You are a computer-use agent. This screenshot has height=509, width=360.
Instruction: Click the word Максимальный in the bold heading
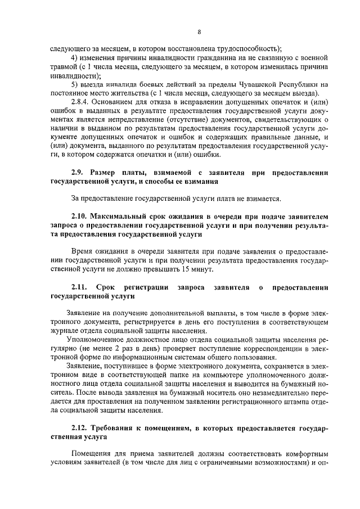123,216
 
